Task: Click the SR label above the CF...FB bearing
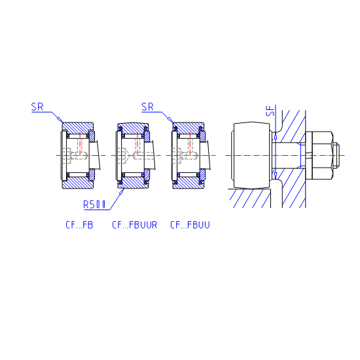pyautogui.click(x=37, y=107)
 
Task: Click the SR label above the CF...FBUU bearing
pyautogui.click(x=147, y=107)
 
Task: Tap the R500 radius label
pyautogui.click(x=94, y=204)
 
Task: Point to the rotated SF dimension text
pyautogui.click(x=271, y=111)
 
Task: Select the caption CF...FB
pyautogui.click(x=79, y=225)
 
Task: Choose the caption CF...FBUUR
pyautogui.click(x=135, y=225)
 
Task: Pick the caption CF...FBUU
pyautogui.click(x=190, y=225)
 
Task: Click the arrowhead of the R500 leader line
pyautogui.click(x=122, y=192)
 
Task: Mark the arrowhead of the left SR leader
pyautogui.click(x=60, y=120)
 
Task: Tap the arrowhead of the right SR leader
pyautogui.click(x=170, y=120)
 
